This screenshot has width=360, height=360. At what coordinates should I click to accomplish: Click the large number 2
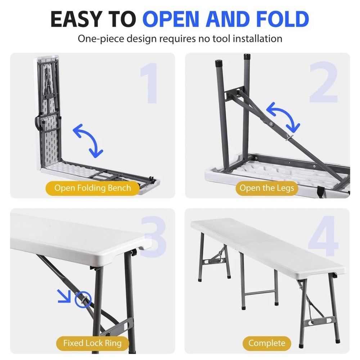(323, 83)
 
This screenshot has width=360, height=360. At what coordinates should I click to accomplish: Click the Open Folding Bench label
(93, 188)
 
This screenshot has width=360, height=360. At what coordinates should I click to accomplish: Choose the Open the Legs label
(267, 188)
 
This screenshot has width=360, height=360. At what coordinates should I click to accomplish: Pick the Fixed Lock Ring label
(93, 343)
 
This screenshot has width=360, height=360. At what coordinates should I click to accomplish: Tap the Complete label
(267, 343)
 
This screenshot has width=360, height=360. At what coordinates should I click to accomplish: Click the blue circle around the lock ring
(83, 299)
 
